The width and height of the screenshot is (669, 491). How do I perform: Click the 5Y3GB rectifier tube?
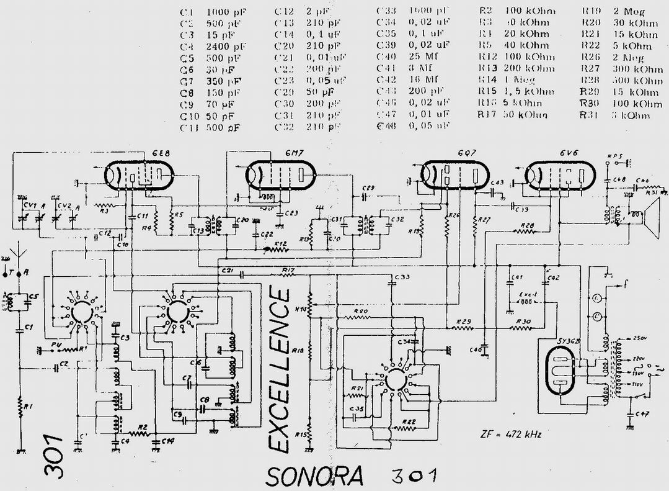[x=562, y=369]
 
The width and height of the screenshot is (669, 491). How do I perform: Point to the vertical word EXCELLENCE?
[x=280, y=371]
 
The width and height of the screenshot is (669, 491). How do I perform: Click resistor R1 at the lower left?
[x=20, y=408]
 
